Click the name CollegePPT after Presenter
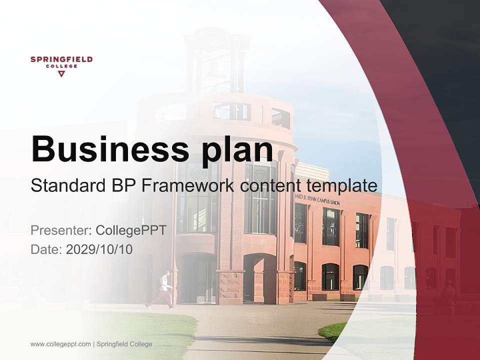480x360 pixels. point(131,230)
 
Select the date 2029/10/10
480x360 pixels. point(99,249)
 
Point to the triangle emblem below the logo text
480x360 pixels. point(61,74)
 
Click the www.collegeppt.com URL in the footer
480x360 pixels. point(60,344)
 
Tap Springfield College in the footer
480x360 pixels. point(124,344)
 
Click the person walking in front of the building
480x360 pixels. point(162,289)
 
